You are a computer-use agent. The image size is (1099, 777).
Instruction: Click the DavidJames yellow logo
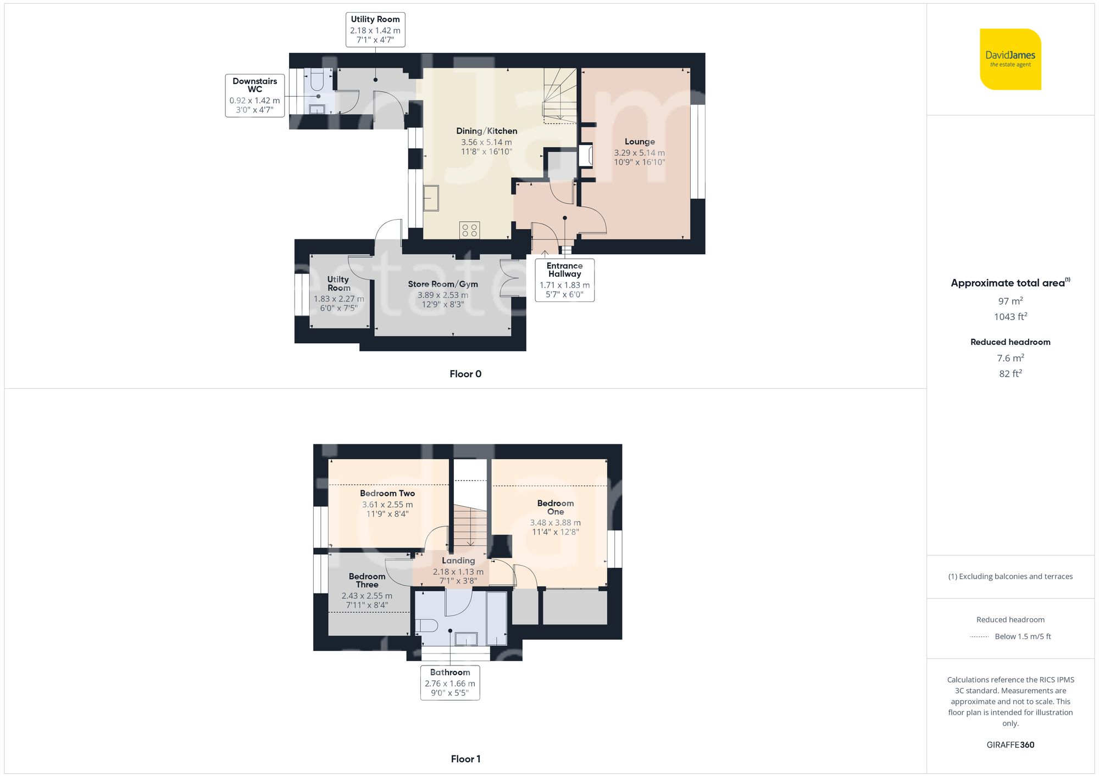[x=1010, y=59]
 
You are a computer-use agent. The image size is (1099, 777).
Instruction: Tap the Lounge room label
[x=640, y=142]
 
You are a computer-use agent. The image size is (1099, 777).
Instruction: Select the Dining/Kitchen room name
[x=486, y=131]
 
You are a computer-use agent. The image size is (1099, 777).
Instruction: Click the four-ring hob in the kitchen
[x=469, y=230]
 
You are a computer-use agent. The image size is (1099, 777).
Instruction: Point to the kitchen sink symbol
[x=431, y=198]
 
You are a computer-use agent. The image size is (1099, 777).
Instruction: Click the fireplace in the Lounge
[x=586, y=155]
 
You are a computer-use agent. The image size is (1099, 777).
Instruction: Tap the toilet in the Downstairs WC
[x=317, y=80]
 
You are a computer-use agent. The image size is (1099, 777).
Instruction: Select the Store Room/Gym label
[x=442, y=284]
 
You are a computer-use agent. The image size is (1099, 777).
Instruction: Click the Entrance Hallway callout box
[x=564, y=280]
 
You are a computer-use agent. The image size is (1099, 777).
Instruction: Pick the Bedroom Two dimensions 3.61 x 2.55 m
[x=387, y=505]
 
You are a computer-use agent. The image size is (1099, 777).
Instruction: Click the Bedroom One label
[x=555, y=507]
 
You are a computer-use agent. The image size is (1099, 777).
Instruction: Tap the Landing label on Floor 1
[x=458, y=561]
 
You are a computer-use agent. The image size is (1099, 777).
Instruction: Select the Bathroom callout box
[x=450, y=682]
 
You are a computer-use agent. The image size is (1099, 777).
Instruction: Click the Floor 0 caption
[x=465, y=374]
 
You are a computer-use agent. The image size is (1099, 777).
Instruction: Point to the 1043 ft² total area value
[x=1010, y=317]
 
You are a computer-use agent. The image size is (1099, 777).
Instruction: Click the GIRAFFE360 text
[x=1010, y=745]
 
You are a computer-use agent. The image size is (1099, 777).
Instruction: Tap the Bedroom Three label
[x=367, y=580]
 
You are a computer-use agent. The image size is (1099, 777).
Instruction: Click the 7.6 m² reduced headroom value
[x=1010, y=358]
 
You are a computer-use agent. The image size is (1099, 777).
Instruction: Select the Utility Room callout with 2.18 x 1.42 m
[x=375, y=30]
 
